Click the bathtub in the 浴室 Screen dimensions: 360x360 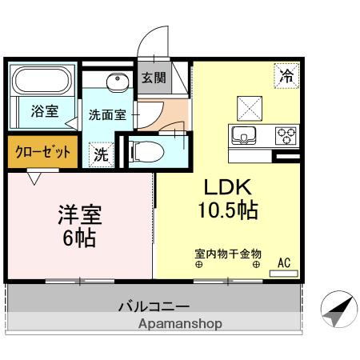coord(42,80)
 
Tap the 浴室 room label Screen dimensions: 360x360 coord(45,111)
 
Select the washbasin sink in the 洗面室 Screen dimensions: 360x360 coord(118,82)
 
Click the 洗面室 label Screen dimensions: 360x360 coord(107,114)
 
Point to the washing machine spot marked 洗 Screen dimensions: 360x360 coord(102,154)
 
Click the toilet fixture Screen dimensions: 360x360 coord(146,152)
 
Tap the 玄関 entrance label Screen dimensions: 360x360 coord(154,78)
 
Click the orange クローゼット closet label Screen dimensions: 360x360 coord(42,152)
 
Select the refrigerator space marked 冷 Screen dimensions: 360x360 coord(286,76)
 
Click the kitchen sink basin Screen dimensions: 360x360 coord(244,135)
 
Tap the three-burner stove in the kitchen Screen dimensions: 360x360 coord(286,135)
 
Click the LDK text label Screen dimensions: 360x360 coord(227,187)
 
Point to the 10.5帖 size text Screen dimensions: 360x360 coord(228,210)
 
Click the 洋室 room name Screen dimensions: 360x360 coord(80,215)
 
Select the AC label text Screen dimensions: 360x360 coord(284,263)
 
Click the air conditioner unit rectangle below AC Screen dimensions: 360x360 coord(284,274)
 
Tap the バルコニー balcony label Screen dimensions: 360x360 coord(154,306)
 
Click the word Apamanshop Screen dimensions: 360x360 coord(180,324)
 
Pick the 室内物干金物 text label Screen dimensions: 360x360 coord(228,254)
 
